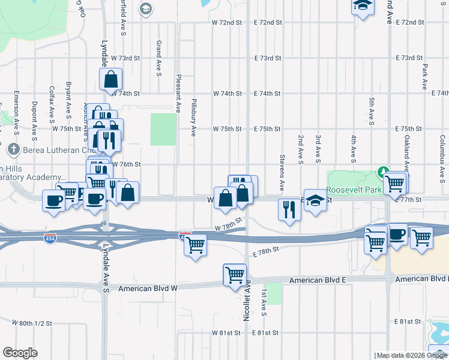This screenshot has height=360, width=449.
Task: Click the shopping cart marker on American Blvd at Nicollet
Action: [x=234, y=275]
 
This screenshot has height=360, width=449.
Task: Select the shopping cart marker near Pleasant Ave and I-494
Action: [x=195, y=245]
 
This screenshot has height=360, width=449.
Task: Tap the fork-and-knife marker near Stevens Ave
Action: [x=289, y=209]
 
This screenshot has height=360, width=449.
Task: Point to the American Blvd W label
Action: [x=148, y=289]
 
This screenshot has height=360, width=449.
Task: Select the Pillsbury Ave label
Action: [x=194, y=118]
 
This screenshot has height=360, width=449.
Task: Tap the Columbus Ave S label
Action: [x=442, y=151]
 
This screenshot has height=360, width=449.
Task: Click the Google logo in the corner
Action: [x=20, y=353]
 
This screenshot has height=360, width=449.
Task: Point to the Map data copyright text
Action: [x=411, y=355]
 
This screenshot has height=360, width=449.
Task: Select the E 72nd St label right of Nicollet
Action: [x=268, y=22]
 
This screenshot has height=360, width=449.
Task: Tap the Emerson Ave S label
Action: [x=16, y=109]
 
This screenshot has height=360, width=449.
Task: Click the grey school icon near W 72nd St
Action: [x=145, y=8]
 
